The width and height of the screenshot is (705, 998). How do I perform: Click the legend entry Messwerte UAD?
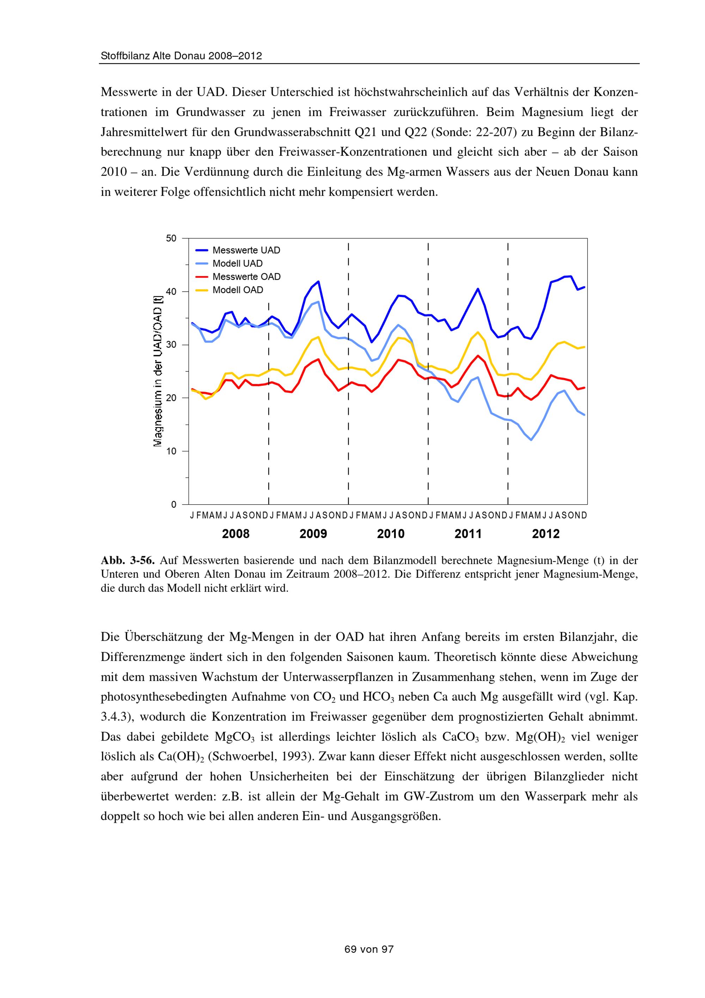(246, 250)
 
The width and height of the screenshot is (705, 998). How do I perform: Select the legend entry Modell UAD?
(237, 263)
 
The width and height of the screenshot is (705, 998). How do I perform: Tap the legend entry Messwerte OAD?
(246, 276)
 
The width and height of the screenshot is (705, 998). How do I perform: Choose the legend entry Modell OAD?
(238, 290)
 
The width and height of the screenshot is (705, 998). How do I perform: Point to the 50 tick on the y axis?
(171, 238)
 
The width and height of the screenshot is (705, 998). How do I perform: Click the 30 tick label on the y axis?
(171, 345)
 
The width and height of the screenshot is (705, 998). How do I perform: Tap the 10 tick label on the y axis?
(171, 451)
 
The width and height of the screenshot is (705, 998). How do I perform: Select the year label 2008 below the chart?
(236, 534)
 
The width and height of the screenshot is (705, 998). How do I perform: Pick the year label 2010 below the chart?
(391, 534)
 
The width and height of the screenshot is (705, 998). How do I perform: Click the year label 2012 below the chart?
(546, 534)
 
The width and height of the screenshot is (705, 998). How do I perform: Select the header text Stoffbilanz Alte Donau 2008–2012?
(181, 56)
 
